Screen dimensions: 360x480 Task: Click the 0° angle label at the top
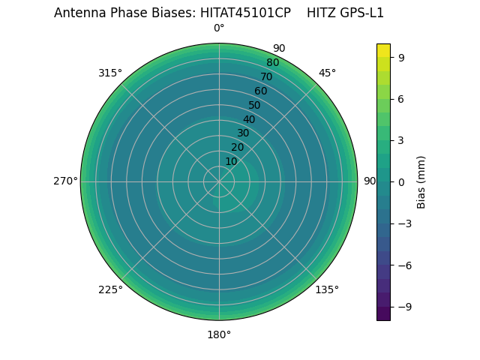click(x=219, y=28)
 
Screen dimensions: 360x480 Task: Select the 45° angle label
click(x=327, y=73)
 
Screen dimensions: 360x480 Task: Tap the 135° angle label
click(x=327, y=289)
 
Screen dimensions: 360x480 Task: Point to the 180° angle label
click(x=219, y=334)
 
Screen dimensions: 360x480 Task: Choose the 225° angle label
click(x=110, y=289)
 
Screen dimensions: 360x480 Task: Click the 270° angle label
click(x=64, y=181)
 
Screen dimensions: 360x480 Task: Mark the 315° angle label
click(x=110, y=73)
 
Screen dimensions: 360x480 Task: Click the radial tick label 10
click(x=231, y=162)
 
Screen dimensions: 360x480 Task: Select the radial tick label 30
click(x=243, y=133)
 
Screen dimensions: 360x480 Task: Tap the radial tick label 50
click(x=255, y=106)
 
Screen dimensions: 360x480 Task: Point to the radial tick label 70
click(x=266, y=77)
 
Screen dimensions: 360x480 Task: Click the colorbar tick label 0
click(x=401, y=181)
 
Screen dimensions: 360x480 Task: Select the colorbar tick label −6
click(x=403, y=265)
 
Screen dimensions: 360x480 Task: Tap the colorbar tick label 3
click(x=401, y=139)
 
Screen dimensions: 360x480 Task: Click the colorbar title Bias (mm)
click(x=421, y=181)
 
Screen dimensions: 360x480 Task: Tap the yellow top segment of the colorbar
click(x=383, y=49)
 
